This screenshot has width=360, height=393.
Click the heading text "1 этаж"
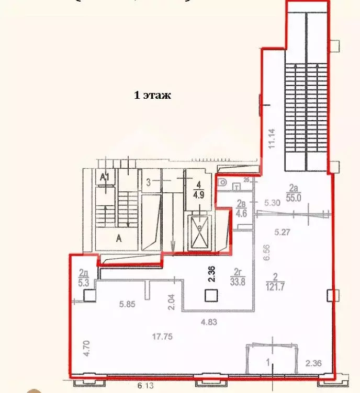[153, 96]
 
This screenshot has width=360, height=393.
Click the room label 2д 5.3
[83, 276]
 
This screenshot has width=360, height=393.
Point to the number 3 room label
[149, 182]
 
